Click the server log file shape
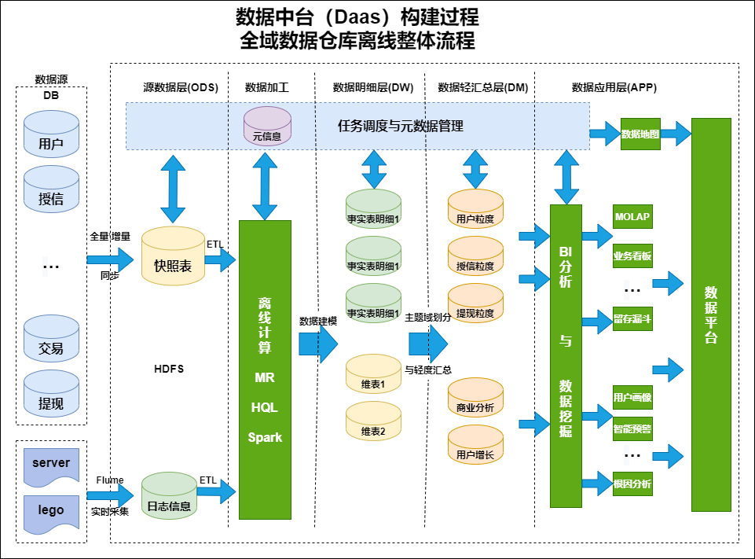coord(51,465)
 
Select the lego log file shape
coord(51,511)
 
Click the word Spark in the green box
coord(265,437)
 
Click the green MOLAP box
coord(632,217)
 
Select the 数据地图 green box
coord(640,134)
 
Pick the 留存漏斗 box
coord(632,320)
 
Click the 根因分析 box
coord(632,484)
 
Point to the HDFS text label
coord(169,369)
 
